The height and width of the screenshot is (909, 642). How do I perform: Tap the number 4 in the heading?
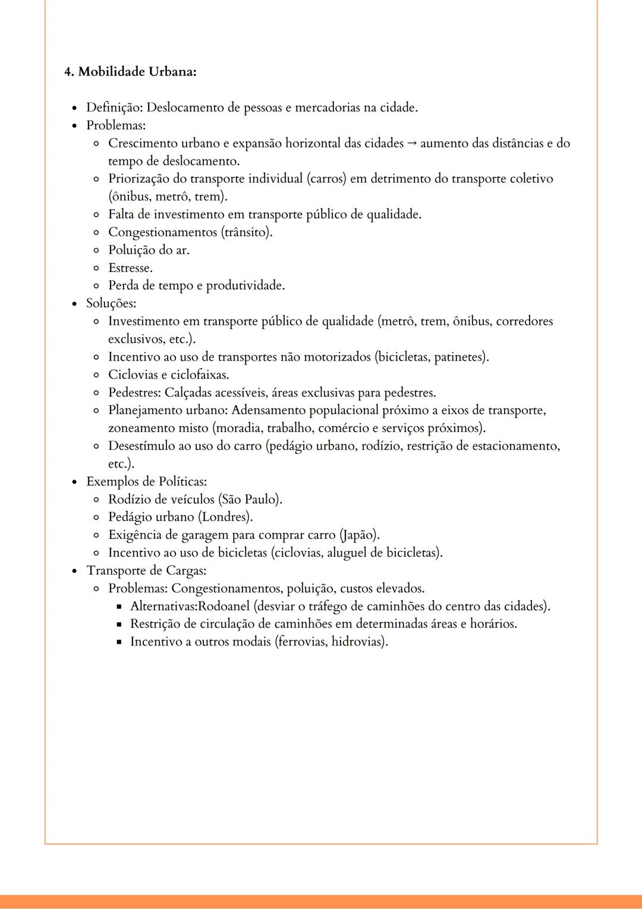(x=68, y=71)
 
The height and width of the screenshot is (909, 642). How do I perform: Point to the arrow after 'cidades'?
(x=412, y=143)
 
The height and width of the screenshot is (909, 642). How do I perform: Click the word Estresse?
(x=130, y=268)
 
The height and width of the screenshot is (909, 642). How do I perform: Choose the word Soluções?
(x=111, y=303)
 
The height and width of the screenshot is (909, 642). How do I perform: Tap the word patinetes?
(x=461, y=358)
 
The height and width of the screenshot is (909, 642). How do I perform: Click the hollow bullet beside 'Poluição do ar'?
(x=96, y=250)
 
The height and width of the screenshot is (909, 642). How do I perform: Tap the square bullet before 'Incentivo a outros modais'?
(x=118, y=642)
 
